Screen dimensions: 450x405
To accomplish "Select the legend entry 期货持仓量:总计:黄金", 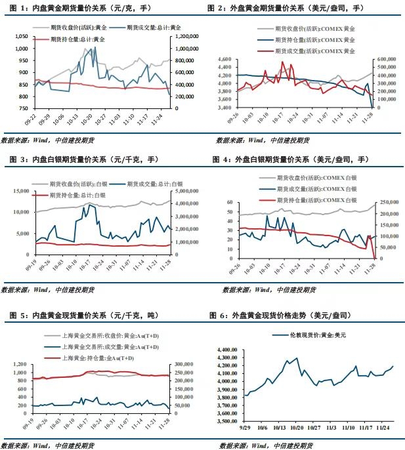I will (x=77, y=39).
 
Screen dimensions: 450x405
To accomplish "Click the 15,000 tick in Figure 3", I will (x=20, y=191).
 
